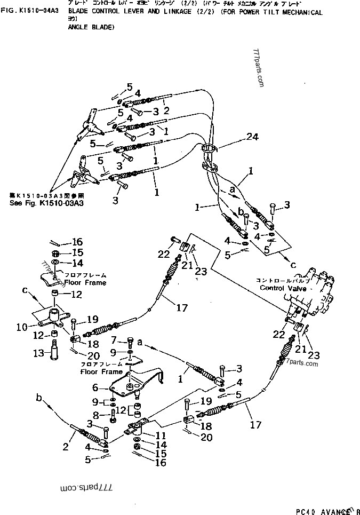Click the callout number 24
click(252, 137)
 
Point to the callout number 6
click(95, 388)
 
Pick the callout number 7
click(114, 339)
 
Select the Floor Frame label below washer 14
click(85, 282)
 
